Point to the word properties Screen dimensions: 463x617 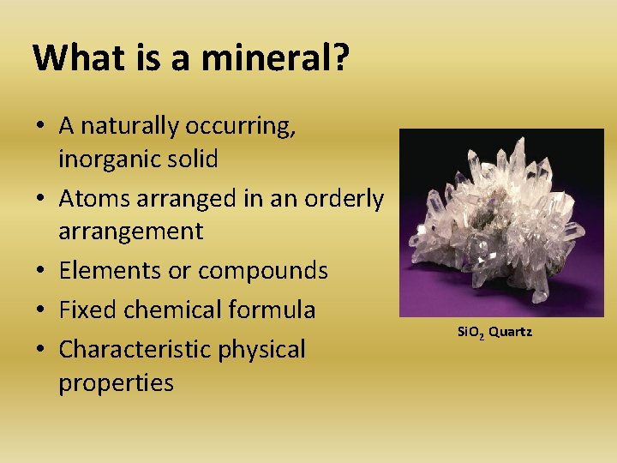coord(116,382)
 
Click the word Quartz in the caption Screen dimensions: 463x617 coord(511,331)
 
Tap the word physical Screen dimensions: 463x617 coord(266,350)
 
